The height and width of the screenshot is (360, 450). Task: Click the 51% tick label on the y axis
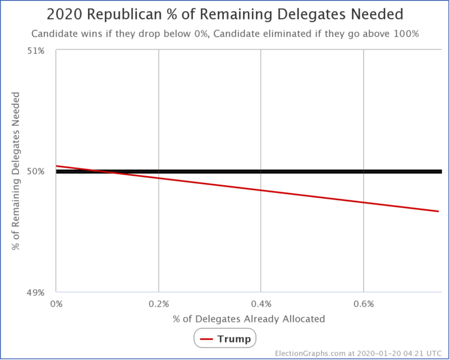[x=36, y=50]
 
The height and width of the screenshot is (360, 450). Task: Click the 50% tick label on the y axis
[x=36, y=171]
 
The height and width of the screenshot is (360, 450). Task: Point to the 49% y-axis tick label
[x=36, y=292]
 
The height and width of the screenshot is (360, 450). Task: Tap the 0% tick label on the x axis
[x=56, y=304]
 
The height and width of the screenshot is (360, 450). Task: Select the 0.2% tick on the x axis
[x=158, y=304]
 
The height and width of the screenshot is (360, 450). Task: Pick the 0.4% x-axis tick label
[x=261, y=304]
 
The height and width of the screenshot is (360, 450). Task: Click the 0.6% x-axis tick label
[x=363, y=304]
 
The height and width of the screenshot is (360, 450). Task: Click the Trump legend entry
[x=234, y=339]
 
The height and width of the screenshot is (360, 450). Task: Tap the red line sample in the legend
[x=206, y=339]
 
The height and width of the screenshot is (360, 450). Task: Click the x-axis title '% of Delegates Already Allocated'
[x=248, y=319]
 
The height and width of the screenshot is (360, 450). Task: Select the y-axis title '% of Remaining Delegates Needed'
[x=16, y=171]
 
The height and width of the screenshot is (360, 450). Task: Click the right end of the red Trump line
[x=438, y=211]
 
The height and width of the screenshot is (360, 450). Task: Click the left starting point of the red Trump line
[x=56, y=166]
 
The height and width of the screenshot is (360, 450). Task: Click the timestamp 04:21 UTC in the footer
[x=420, y=353]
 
